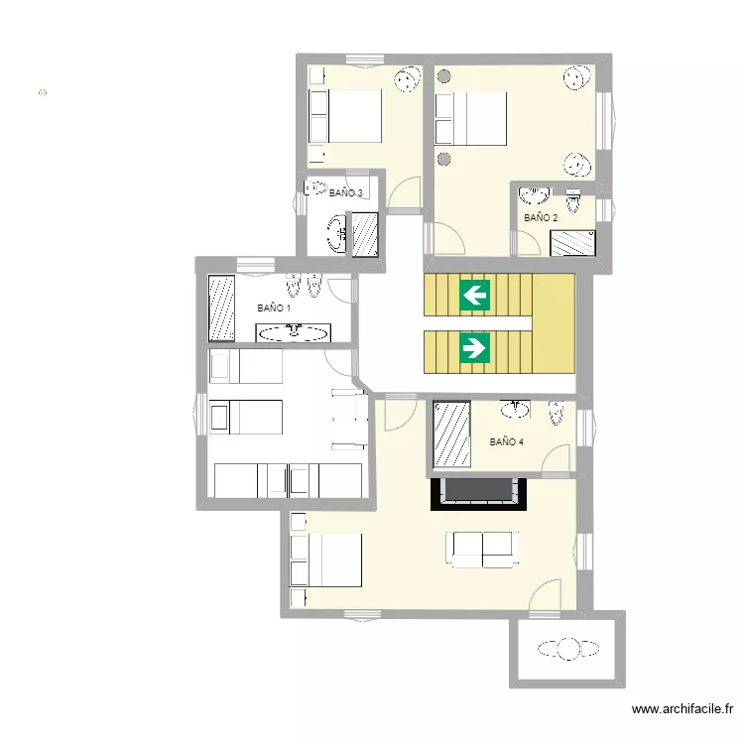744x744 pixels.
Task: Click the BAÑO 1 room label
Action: pyautogui.click(x=274, y=308)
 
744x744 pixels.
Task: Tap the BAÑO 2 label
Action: pyautogui.click(x=541, y=218)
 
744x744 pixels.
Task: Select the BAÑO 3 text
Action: pyautogui.click(x=346, y=192)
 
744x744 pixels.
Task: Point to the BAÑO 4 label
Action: pyautogui.click(x=506, y=441)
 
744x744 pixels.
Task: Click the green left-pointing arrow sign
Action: pyautogui.click(x=474, y=296)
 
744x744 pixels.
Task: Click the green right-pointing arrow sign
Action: pyautogui.click(x=474, y=348)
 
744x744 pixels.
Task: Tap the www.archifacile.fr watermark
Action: pyautogui.click(x=682, y=709)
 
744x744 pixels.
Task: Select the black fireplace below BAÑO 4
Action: pyautogui.click(x=478, y=494)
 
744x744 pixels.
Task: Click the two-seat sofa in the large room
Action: pyautogui.click(x=481, y=550)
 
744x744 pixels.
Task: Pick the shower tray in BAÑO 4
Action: pyautogui.click(x=451, y=434)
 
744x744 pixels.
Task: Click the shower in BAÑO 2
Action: pyautogui.click(x=572, y=243)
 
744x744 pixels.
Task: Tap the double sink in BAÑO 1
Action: pyautogui.click(x=294, y=332)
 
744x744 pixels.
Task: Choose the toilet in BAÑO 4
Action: pyautogui.click(x=557, y=413)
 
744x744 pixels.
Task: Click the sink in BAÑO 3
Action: pyautogui.click(x=338, y=234)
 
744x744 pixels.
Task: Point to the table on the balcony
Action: pyautogui.click(x=568, y=649)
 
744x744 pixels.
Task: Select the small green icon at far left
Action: pyautogui.click(x=43, y=92)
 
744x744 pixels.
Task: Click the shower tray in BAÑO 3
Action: pyautogui.click(x=365, y=235)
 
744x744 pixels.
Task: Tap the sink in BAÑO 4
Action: pyautogui.click(x=515, y=409)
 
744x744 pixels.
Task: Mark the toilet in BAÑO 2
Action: pyautogui.click(x=573, y=201)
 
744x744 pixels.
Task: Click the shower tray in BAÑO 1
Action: pyautogui.click(x=221, y=309)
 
